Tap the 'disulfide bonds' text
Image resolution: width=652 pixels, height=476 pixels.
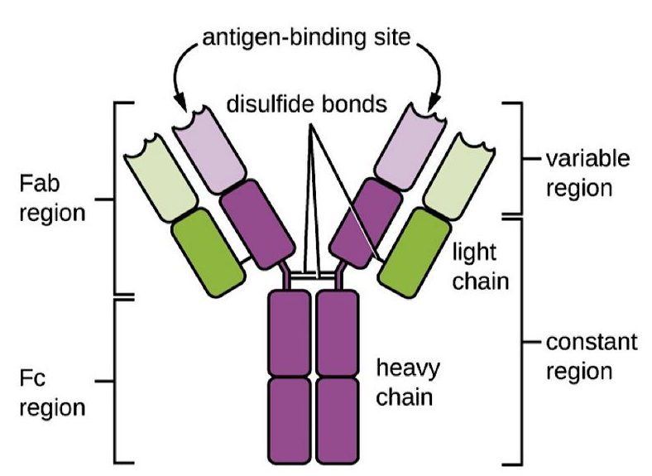(308, 105)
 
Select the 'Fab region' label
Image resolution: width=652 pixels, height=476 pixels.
(50, 198)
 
